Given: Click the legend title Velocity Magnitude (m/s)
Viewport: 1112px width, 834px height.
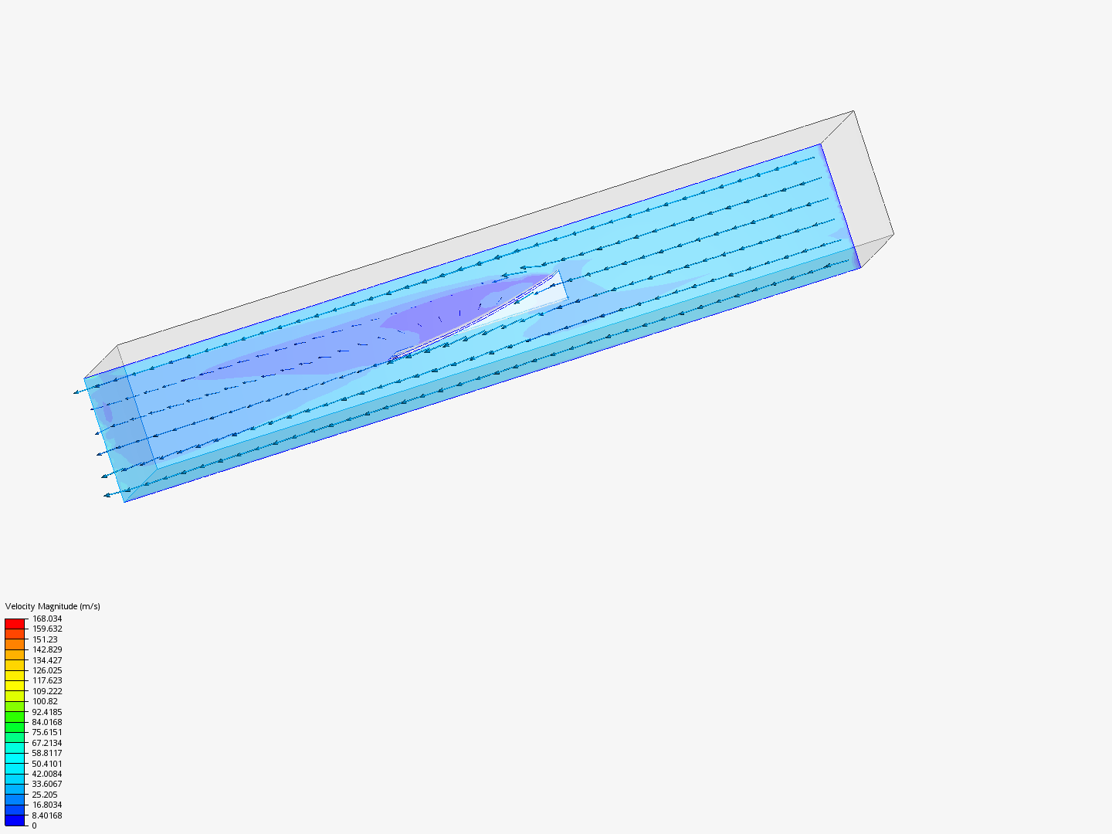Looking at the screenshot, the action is pos(53,606).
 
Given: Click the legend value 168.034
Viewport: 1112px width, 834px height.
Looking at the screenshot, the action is pos(46,619).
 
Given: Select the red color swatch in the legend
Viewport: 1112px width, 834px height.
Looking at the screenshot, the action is pos(15,623).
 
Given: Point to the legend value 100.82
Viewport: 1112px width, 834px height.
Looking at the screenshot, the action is pos(45,701).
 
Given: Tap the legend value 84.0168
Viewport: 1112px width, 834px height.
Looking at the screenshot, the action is pos(46,722).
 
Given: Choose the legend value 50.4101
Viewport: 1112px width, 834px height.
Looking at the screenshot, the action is pos(46,764).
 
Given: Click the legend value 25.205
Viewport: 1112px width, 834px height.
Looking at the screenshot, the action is pos(45,795).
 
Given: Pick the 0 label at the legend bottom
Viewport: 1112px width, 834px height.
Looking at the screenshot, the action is pos(34,826).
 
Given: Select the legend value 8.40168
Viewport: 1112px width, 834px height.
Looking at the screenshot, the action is pos(46,815).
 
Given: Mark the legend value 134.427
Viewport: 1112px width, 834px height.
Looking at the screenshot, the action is pos(46,660).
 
